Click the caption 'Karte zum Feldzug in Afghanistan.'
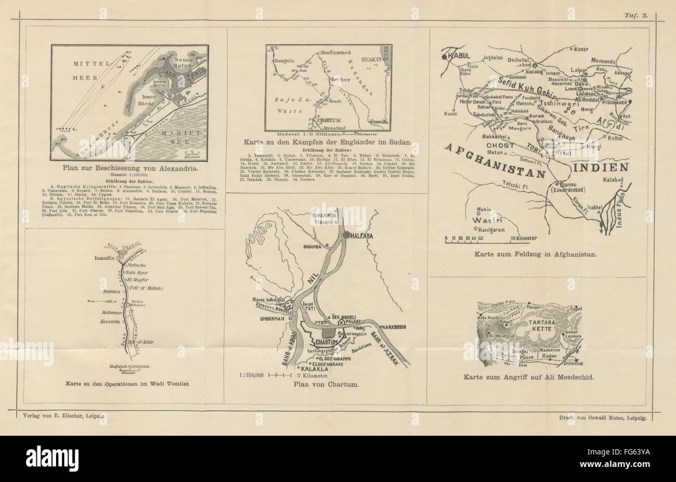pos(535,255)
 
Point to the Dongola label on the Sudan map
pos(284,60)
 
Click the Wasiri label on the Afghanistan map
pos(487,219)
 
